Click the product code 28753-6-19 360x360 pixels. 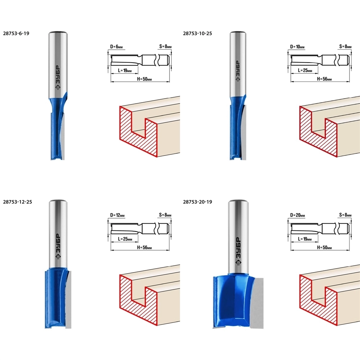tap(16, 33)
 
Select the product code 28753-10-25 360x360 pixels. tap(197, 33)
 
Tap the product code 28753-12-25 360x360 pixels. tap(17, 202)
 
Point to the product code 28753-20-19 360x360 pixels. tap(197, 202)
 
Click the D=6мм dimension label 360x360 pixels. tap(116, 47)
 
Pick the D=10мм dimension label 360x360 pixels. tap(297, 47)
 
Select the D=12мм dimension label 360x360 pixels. tap(117, 215)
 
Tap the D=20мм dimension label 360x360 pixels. tap(298, 215)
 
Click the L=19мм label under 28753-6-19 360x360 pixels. tap(125, 71)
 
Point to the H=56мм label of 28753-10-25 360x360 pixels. tap(324, 79)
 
